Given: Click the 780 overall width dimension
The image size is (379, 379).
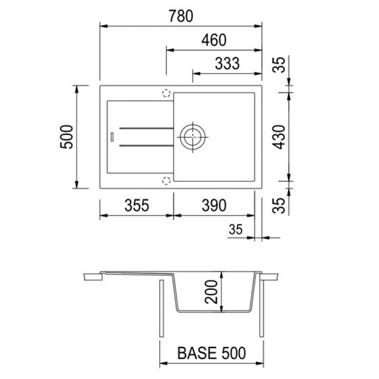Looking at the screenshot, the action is (x=181, y=16).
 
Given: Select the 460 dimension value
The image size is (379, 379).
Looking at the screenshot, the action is (x=214, y=40).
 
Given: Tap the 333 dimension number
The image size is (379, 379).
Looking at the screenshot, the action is (x=227, y=63).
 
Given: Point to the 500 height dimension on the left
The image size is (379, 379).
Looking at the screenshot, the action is (x=66, y=137).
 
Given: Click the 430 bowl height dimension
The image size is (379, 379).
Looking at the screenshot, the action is (x=279, y=137).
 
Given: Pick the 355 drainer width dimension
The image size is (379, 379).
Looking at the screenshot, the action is (x=137, y=206).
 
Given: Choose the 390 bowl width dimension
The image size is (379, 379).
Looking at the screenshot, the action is (x=214, y=206).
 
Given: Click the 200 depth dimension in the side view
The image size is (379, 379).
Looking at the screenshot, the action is (x=211, y=292).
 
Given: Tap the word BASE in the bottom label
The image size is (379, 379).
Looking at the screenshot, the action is (x=193, y=353).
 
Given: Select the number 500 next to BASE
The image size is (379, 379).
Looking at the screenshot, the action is (x=234, y=353).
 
